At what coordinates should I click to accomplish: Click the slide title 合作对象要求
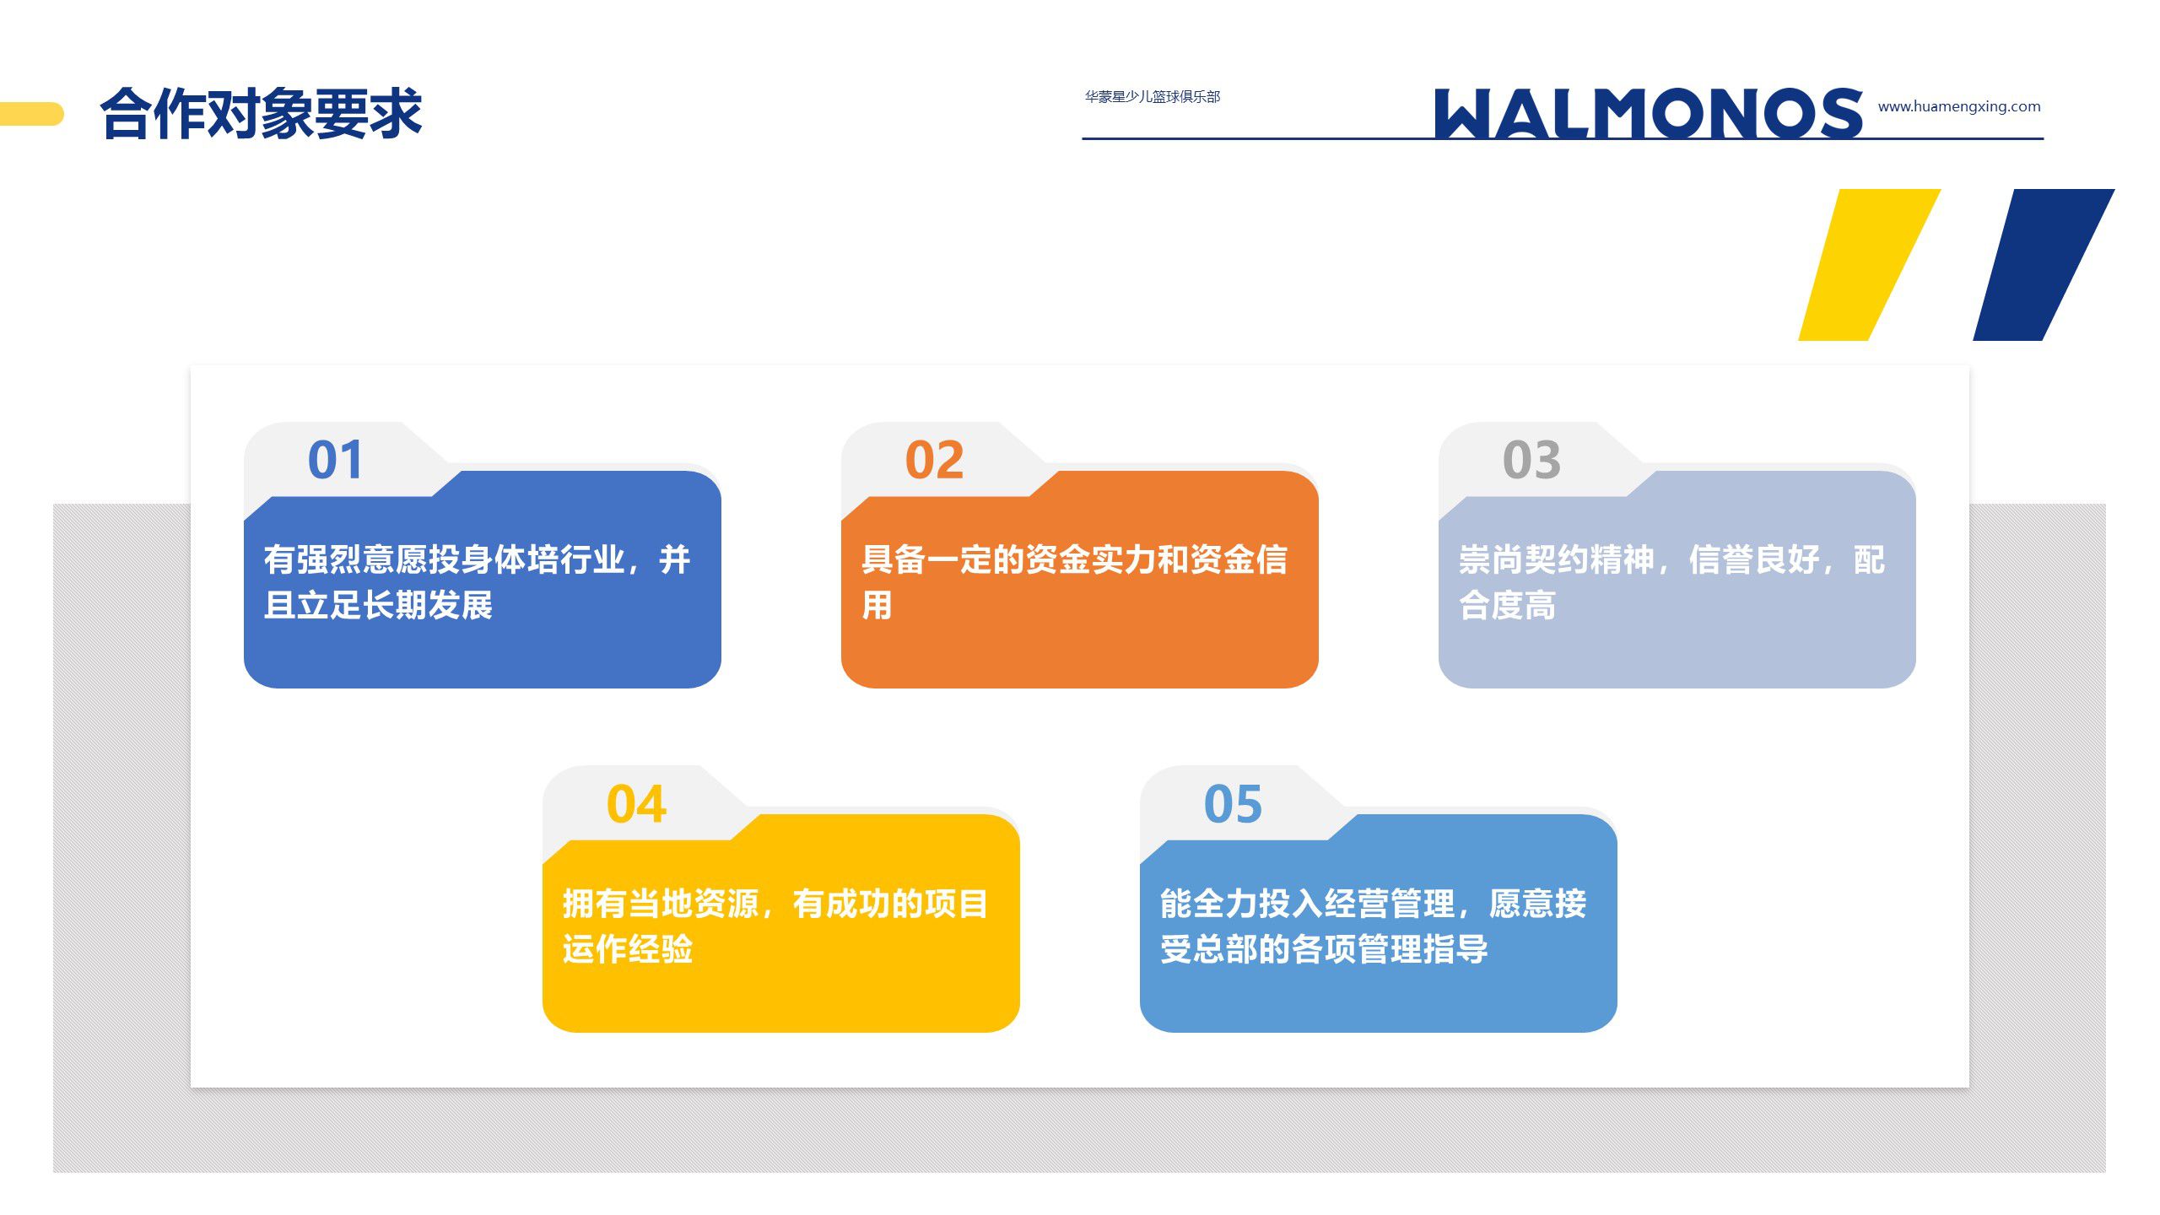[x=261, y=113]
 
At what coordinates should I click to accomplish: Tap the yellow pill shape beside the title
[x=31, y=114]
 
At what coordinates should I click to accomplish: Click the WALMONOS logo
[x=1648, y=113]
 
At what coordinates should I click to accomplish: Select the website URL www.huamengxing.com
[x=1959, y=106]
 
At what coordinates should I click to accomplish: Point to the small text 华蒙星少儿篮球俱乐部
[x=1153, y=97]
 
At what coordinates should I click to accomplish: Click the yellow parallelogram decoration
[x=1869, y=265]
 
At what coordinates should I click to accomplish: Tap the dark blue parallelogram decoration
[x=2044, y=265]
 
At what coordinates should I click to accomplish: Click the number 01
[x=335, y=460]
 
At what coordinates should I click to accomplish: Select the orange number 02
[x=934, y=460]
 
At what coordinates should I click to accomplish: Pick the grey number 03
[x=1531, y=460]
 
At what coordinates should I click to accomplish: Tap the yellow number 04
[x=636, y=804]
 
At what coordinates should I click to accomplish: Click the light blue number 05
[x=1233, y=804]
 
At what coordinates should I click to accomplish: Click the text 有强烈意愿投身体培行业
[x=445, y=559]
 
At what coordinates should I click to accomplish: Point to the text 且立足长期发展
[x=378, y=605]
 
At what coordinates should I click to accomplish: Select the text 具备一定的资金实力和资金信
[x=1074, y=559]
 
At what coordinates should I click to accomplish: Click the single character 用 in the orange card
[x=877, y=605]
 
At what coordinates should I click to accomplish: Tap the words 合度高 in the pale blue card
[x=1507, y=605]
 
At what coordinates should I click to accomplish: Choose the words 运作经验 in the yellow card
[x=627, y=949]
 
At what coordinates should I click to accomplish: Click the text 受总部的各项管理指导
[x=1324, y=949]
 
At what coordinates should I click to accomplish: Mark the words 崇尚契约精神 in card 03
[x=1556, y=559]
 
